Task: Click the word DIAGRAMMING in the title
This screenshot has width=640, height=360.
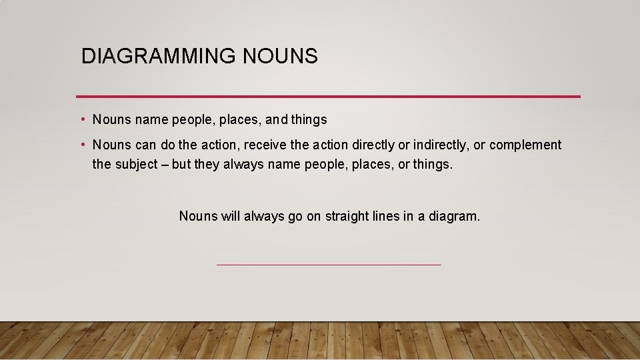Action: coord(157,57)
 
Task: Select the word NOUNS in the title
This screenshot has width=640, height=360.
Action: coord(280,57)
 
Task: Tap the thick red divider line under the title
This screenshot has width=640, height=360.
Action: coord(328,97)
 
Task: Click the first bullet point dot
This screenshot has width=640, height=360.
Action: coord(82,120)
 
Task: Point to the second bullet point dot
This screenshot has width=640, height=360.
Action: coord(82,145)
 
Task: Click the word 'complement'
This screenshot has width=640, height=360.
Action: coord(526,145)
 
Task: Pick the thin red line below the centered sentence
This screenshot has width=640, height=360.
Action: coord(329,265)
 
